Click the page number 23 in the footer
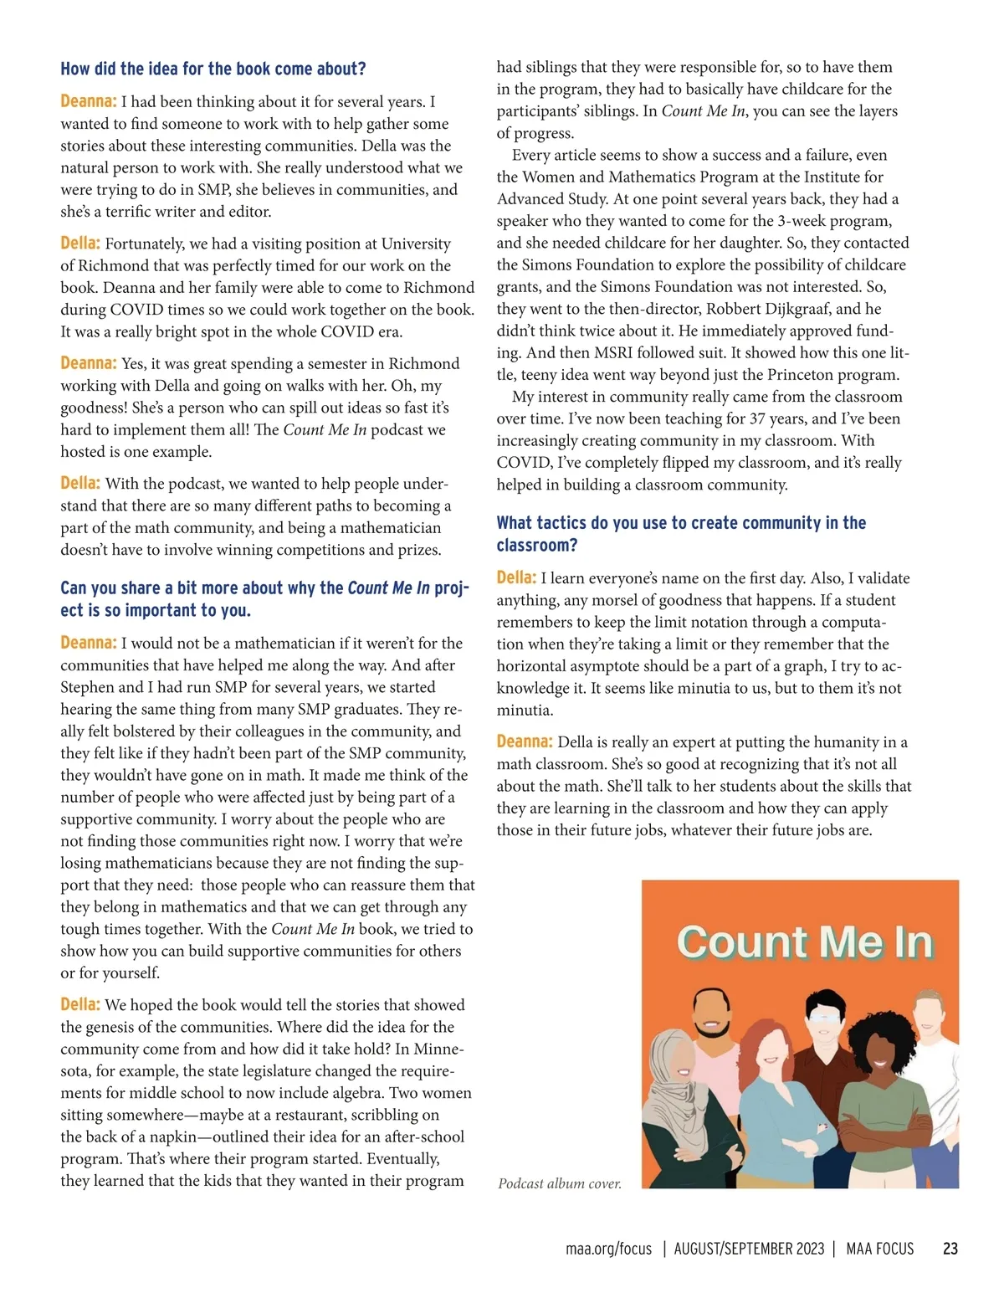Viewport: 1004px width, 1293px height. pyautogui.click(x=950, y=1249)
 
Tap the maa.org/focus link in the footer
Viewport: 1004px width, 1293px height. pyautogui.click(x=608, y=1249)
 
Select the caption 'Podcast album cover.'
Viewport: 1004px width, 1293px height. pyautogui.click(x=560, y=1183)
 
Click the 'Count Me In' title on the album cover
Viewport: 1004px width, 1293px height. pyautogui.click(x=804, y=942)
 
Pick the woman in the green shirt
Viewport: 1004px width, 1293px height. pyautogui.click(x=874, y=1088)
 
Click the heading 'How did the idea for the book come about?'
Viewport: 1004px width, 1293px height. pyautogui.click(x=213, y=69)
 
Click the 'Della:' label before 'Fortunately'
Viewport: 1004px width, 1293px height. pyautogui.click(x=80, y=244)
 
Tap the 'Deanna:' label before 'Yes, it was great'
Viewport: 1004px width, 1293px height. pyautogui.click(x=88, y=363)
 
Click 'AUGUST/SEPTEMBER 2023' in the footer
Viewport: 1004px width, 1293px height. pyautogui.click(x=749, y=1249)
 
